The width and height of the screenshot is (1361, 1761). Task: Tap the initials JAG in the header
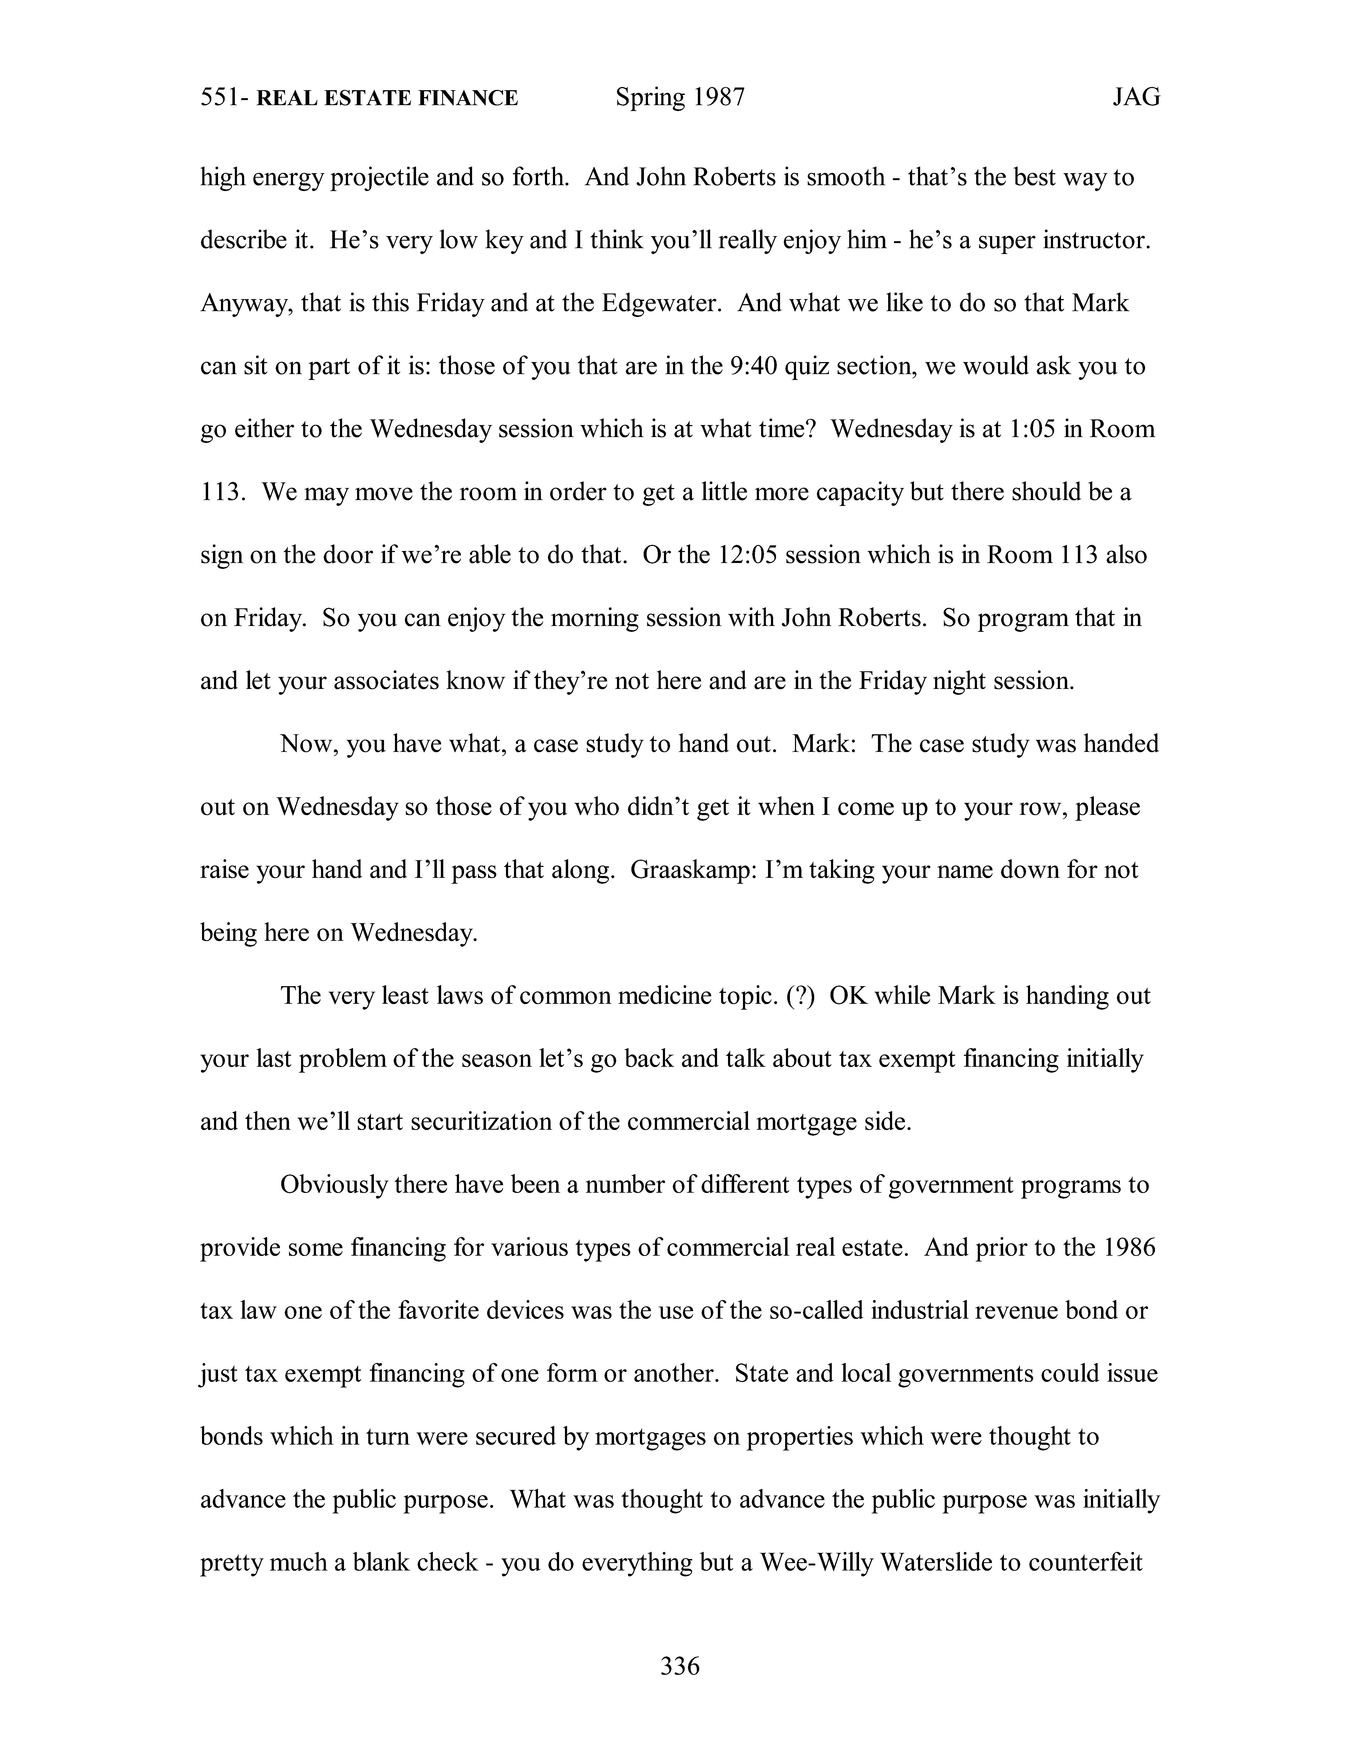1136,98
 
